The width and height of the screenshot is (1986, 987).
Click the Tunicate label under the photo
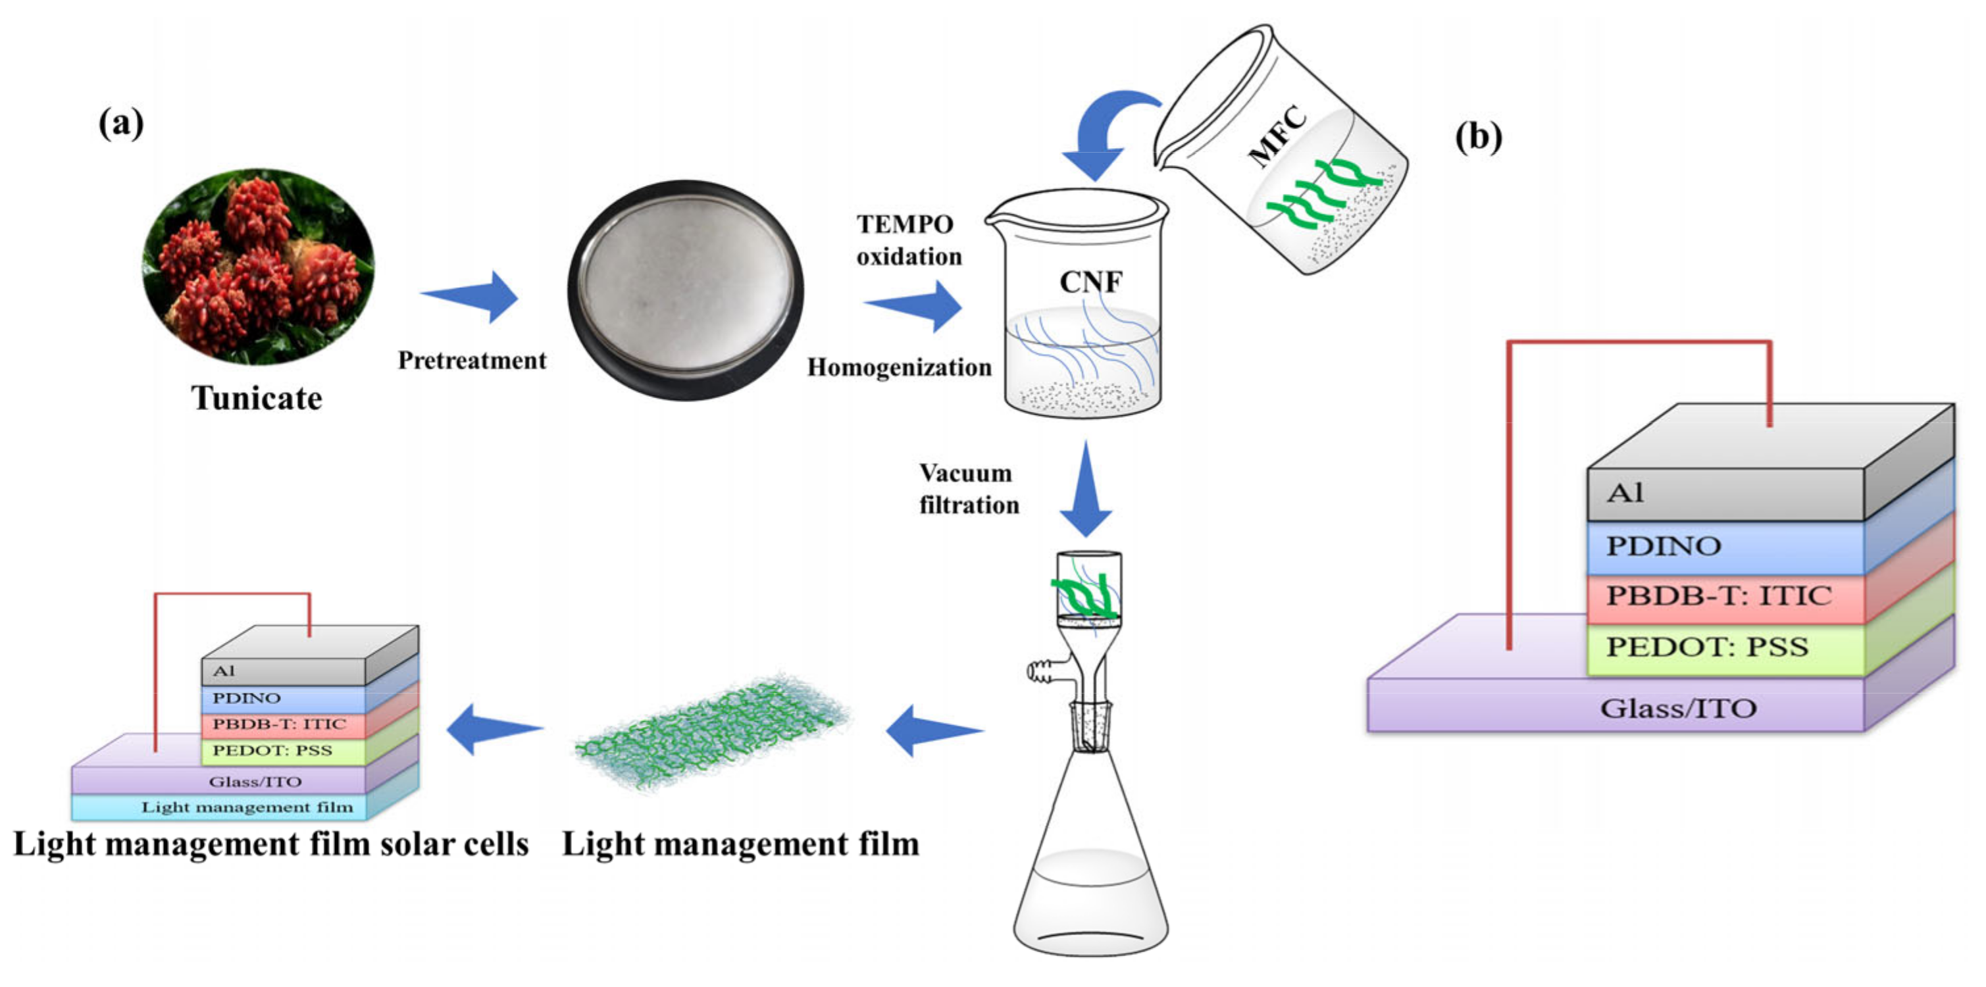click(257, 399)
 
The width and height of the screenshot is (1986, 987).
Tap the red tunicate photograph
click(258, 266)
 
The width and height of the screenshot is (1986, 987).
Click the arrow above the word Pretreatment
click(472, 296)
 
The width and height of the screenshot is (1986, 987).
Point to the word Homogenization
click(899, 367)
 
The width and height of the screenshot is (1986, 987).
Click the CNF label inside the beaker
click(1090, 282)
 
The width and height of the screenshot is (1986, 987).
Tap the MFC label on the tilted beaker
click(1277, 138)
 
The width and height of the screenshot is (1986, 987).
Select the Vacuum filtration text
click(969, 489)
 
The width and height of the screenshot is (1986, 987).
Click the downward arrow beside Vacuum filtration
click(1086, 490)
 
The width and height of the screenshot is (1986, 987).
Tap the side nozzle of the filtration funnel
click(1041, 672)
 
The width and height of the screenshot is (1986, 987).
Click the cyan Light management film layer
click(247, 807)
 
